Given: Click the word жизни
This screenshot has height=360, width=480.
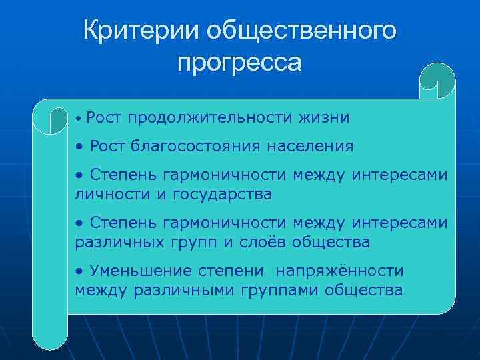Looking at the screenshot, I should tap(325, 118).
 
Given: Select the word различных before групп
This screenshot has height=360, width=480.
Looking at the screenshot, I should tap(113, 242).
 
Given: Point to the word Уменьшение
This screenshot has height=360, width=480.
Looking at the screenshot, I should tap(137, 271).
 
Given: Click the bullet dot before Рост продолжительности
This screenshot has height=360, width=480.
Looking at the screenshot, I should tap(79, 119).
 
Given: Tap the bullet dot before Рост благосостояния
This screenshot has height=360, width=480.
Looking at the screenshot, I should tap(79, 146).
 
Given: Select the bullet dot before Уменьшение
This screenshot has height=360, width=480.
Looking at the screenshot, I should tap(79, 272).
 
